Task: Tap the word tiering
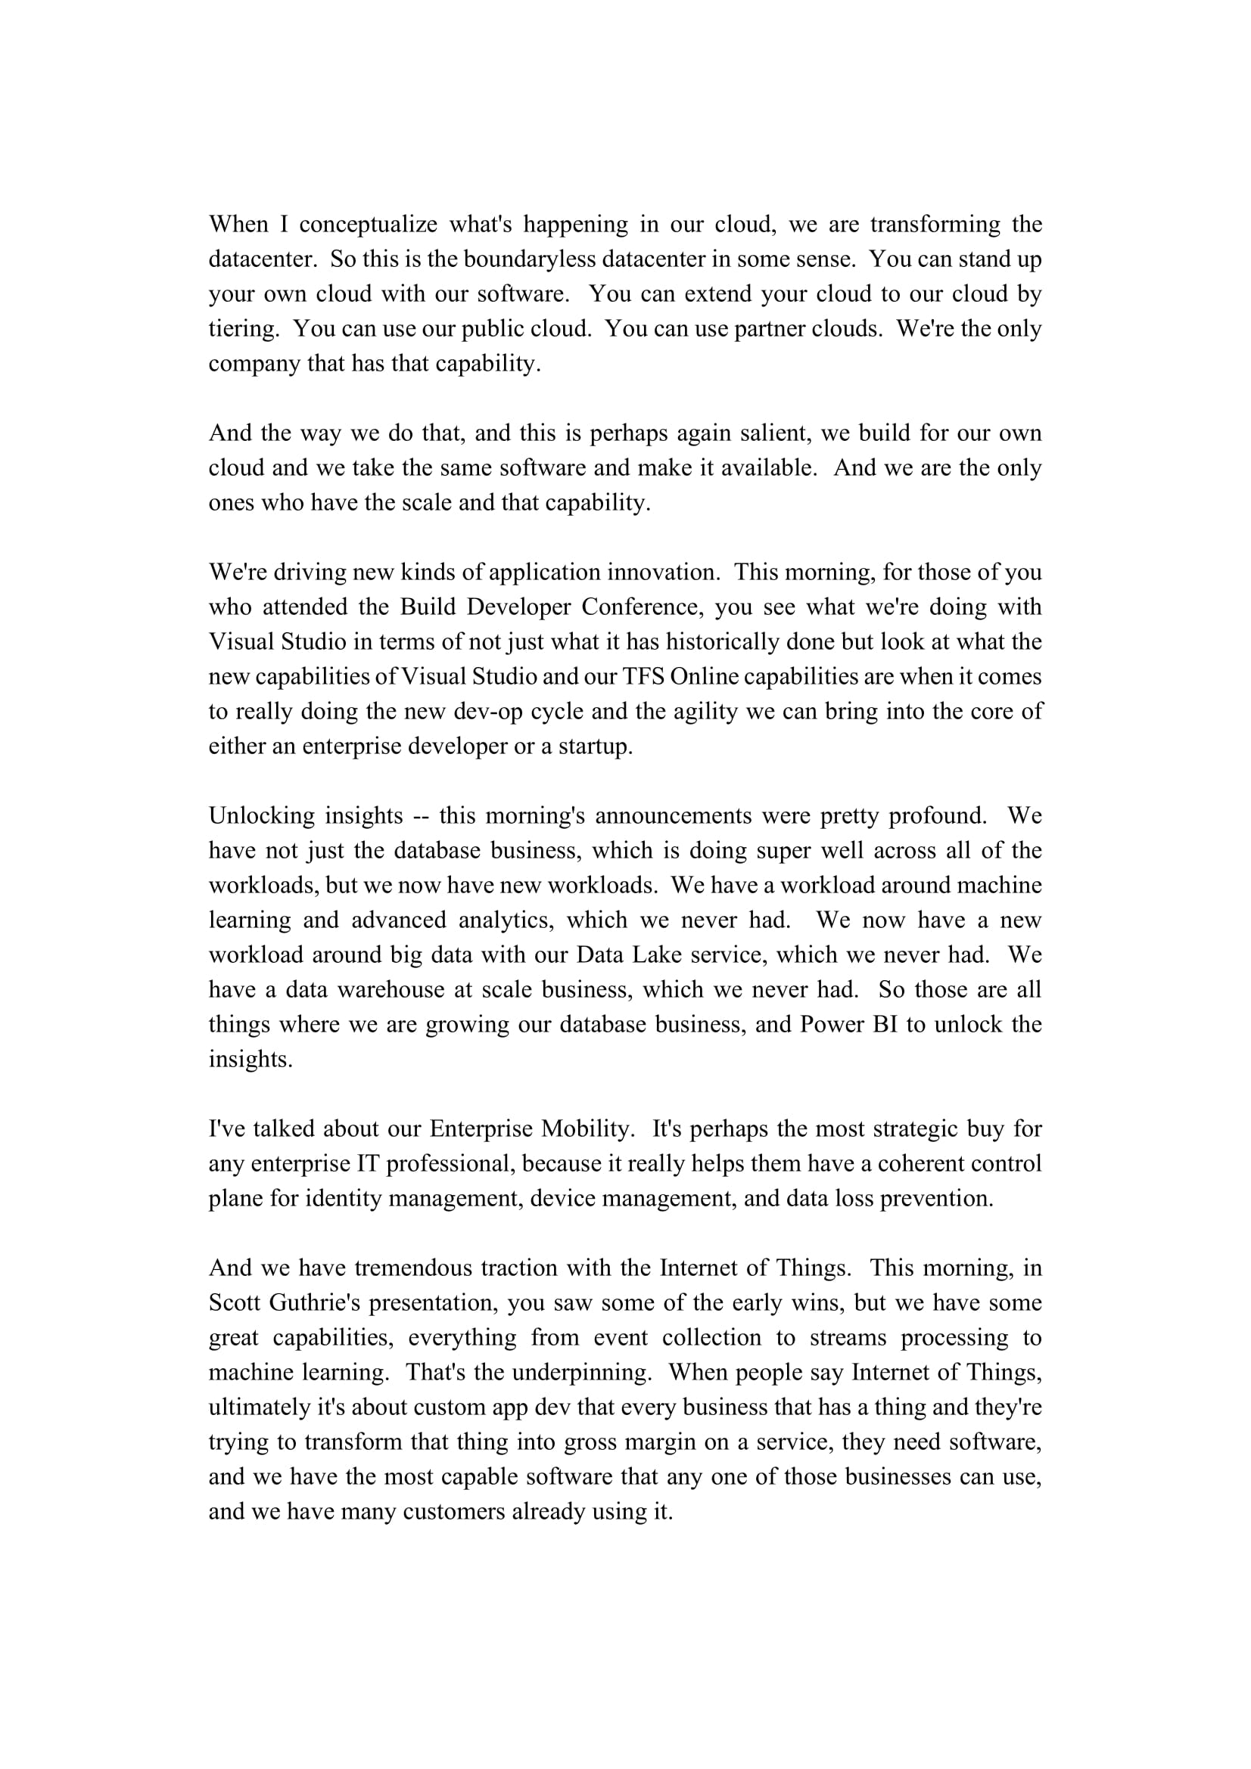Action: pyautogui.click(x=242, y=329)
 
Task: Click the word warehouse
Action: pyautogui.click(x=391, y=989)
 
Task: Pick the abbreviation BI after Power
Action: pyautogui.click(x=885, y=1024)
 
